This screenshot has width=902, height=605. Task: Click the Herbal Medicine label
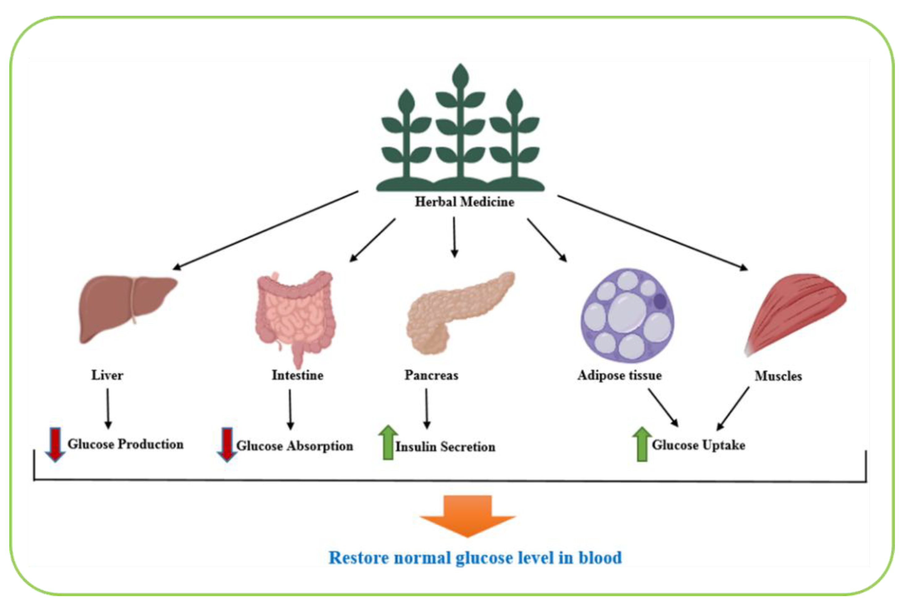pyautogui.click(x=464, y=202)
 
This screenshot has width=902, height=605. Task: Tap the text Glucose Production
pyautogui.click(x=125, y=444)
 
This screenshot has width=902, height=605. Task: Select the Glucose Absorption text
pyautogui.click(x=295, y=446)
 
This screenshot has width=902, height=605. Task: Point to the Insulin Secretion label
pyautogui.click(x=445, y=447)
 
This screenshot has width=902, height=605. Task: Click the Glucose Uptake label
pyautogui.click(x=698, y=445)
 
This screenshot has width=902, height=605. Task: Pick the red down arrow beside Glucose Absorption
pyautogui.click(x=227, y=444)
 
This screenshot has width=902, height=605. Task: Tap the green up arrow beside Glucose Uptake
pyautogui.click(x=642, y=444)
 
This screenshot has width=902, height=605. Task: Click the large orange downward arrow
pyautogui.click(x=468, y=515)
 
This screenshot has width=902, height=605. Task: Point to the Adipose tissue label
pyautogui.click(x=619, y=375)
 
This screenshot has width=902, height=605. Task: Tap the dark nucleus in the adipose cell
pyautogui.click(x=661, y=301)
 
